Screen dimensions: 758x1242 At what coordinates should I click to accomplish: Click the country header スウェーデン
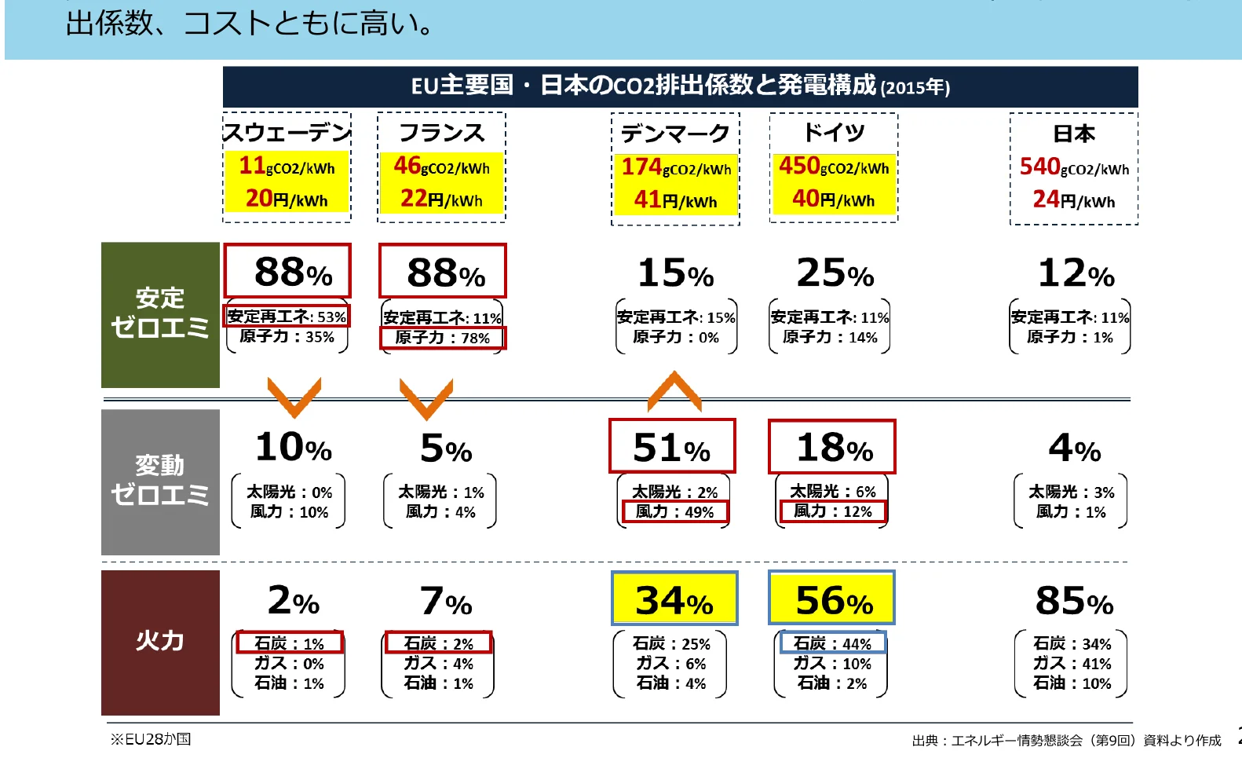(287, 132)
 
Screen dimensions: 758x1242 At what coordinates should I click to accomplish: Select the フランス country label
(441, 132)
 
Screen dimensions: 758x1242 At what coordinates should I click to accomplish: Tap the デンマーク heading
(675, 134)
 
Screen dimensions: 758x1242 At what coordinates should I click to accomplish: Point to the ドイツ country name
(834, 132)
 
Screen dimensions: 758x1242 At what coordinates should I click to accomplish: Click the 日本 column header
(1073, 134)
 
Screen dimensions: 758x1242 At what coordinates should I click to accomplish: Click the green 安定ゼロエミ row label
(160, 314)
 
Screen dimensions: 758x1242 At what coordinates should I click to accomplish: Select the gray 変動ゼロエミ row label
(160, 482)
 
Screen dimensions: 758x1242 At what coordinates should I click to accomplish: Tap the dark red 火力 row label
(160, 642)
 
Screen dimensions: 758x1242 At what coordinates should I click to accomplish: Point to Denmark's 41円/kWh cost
(675, 200)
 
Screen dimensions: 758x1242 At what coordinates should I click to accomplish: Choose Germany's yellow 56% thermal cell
(832, 599)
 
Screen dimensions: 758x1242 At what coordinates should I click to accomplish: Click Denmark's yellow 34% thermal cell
(674, 599)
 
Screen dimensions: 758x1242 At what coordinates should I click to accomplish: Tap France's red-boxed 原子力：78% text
(442, 338)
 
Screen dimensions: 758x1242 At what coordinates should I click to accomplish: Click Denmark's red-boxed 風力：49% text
(674, 512)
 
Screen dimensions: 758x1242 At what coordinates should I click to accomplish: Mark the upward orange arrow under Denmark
(674, 390)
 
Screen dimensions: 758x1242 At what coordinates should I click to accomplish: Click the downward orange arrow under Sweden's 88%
(294, 397)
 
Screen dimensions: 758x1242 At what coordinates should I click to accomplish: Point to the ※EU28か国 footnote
(151, 739)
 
